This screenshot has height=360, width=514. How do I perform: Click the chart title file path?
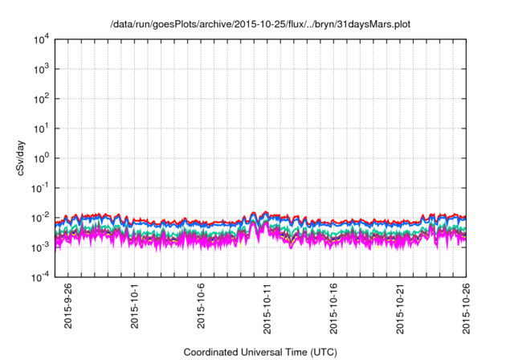[x=260, y=24]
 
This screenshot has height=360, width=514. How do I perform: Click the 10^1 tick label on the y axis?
[x=42, y=128]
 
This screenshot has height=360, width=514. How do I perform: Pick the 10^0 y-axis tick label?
[x=42, y=157]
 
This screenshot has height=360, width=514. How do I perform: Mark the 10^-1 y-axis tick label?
[x=41, y=187]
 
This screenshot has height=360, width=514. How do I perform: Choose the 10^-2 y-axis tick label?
[x=41, y=217]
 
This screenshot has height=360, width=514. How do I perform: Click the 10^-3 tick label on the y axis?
[x=41, y=247]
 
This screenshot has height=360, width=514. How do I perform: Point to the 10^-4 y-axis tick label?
[x=41, y=276]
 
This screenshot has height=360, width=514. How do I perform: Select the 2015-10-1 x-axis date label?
[x=135, y=305]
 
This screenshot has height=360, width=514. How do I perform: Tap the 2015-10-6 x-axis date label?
[x=202, y=305]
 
